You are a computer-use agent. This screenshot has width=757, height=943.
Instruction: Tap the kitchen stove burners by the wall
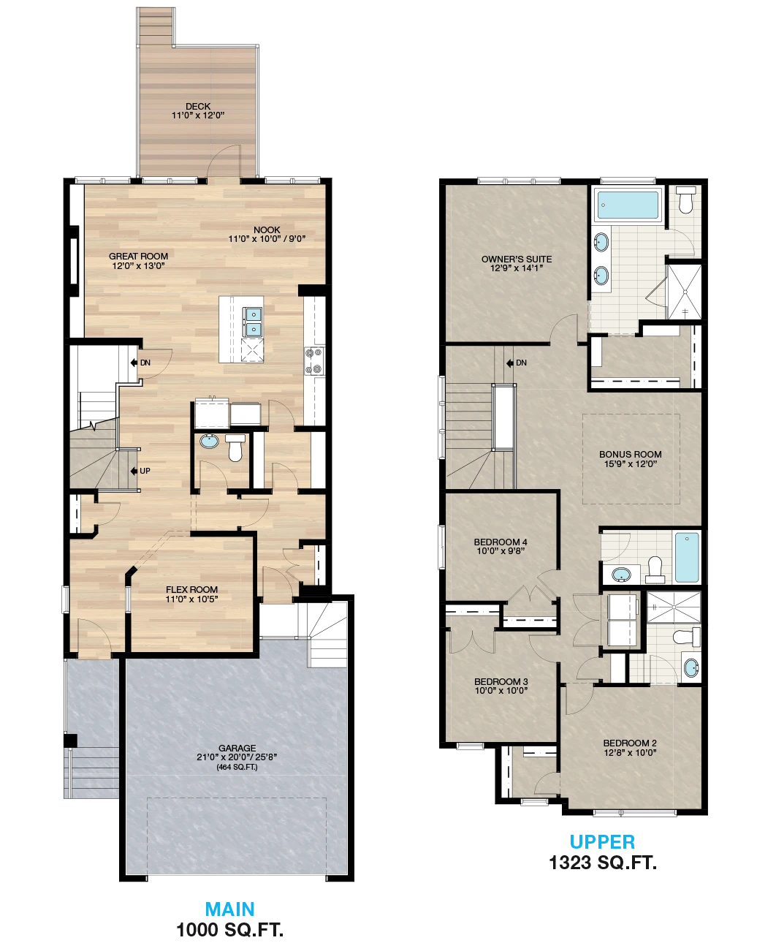[x=314, y=361]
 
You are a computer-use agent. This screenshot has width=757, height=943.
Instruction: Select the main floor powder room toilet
[x=236, y=447]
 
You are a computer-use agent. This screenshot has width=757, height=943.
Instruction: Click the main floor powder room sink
[x=210, y=441]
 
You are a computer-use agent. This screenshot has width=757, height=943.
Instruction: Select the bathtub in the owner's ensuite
[x=628, y=204]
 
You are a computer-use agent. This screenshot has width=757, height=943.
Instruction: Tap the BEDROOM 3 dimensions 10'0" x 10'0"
[x=501, y=691]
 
